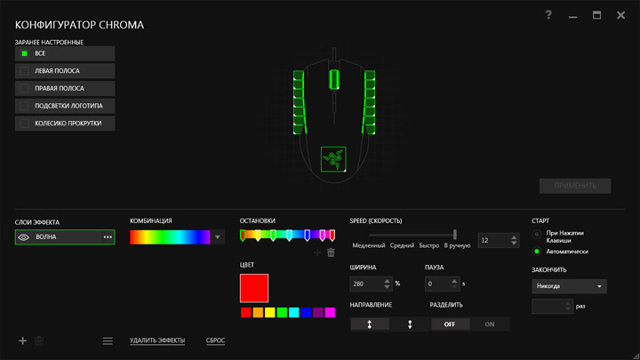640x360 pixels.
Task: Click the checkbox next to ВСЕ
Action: point(25,53)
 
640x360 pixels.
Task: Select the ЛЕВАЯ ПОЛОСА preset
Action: point(65,71)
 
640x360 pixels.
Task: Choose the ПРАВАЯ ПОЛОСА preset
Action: point(65,89)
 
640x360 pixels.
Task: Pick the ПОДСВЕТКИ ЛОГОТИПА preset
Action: point(65,106)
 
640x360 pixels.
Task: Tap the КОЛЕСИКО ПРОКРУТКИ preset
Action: point(65,124)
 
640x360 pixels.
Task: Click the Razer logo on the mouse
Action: point(333,159)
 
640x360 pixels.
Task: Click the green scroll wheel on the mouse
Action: point(334,79)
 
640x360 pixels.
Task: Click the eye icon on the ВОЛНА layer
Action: point(24,237)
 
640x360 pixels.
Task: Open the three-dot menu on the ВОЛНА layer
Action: point(108,237)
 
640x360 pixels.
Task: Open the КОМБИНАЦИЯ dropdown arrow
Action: point(218,237)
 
